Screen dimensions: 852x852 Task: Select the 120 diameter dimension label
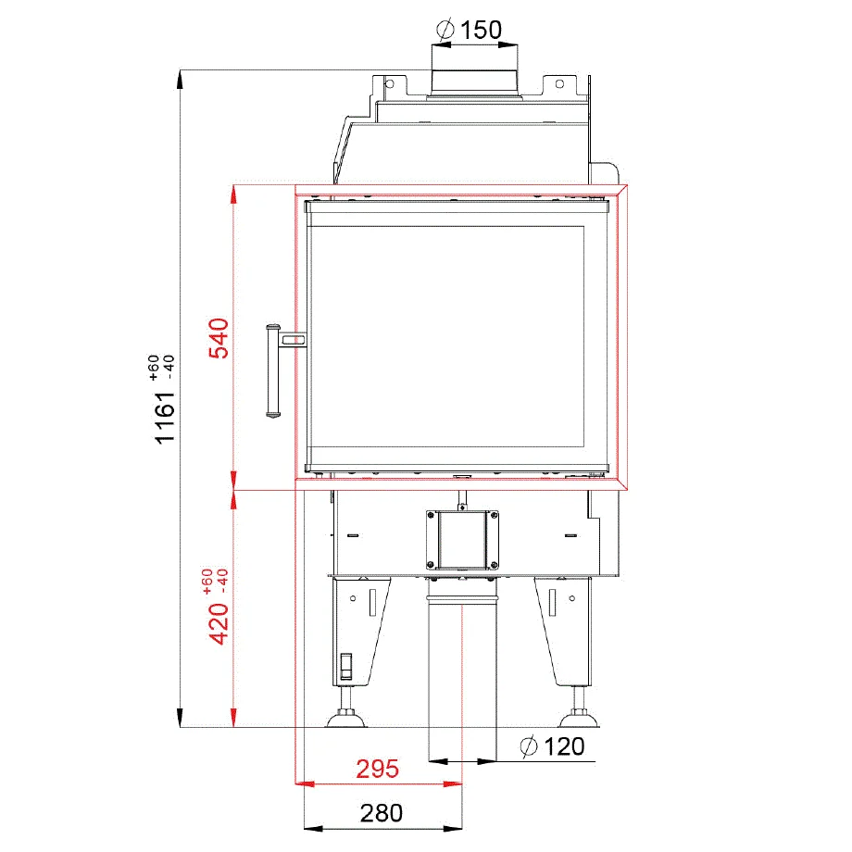pyautogui.click(x=554, y=745)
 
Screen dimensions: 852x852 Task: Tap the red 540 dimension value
pyautogui.click(x=218, y=338)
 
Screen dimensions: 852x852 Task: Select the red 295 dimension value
pyautogui.click(x=378, y=769)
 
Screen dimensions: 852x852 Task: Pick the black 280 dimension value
pyautogui.click(x=382, y=813)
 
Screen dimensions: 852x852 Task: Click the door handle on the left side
pyautogui.click(x=272, y=371)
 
